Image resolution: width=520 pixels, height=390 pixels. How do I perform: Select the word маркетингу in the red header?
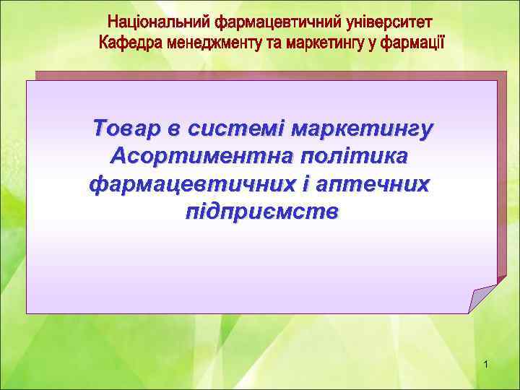click(322, 41)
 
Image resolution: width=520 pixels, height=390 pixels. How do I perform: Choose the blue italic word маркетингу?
click(361, 129)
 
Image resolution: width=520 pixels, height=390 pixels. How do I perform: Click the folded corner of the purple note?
click(481, 298)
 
